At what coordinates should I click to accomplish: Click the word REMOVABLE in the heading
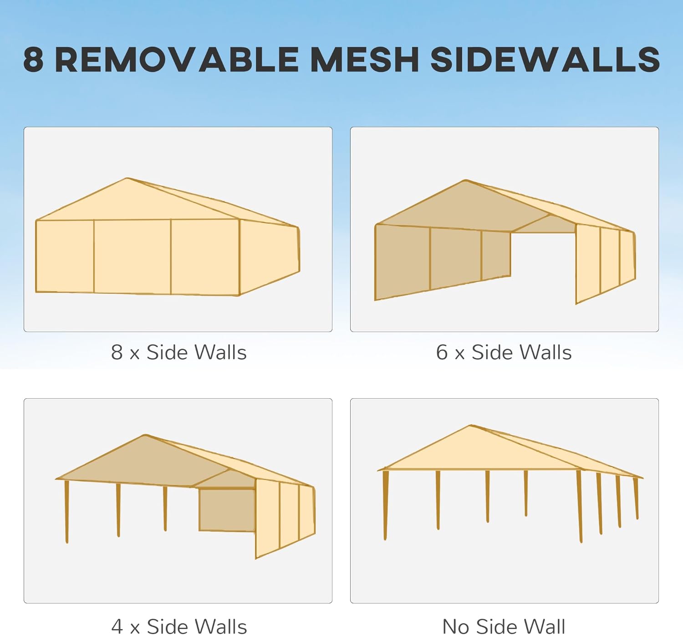click(177, 60)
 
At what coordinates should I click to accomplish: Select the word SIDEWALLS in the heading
click(545, 60)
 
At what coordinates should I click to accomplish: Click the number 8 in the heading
click(33, 60)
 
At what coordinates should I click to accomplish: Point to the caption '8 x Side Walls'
click(178, 352)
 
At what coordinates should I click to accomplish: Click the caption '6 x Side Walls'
click(504, 352)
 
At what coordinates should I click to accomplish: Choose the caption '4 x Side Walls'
click(178, 626)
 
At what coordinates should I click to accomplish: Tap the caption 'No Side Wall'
click(504, 626)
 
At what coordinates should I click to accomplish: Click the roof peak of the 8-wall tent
click(127, 179)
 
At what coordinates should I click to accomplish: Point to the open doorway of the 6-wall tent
click(543, 264)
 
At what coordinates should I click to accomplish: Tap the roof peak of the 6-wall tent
click(465, 181)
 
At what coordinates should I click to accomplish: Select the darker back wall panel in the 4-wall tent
click(227, 510)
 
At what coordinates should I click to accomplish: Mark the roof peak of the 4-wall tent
click(145, 436)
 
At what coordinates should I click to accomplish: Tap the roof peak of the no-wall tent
click(471, 427)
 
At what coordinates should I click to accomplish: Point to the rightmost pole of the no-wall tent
click(636, 498)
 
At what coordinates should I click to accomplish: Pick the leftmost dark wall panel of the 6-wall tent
click(402, 262)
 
